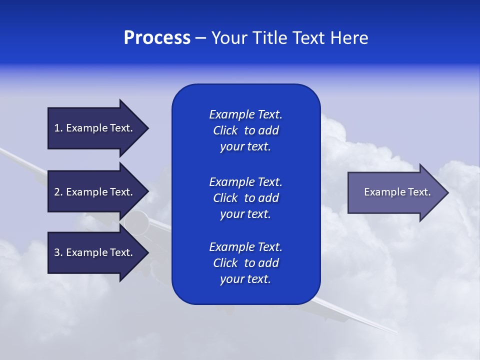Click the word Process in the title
(157, 38)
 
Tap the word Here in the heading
(349, 38)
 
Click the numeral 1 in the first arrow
(57, 128)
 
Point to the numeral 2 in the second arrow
(57, 192)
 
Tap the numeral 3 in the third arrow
(57, 252)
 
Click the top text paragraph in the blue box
(245, 130)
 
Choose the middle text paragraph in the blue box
(245, 198)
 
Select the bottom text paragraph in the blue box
(245, 263)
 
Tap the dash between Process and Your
(200, 38)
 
